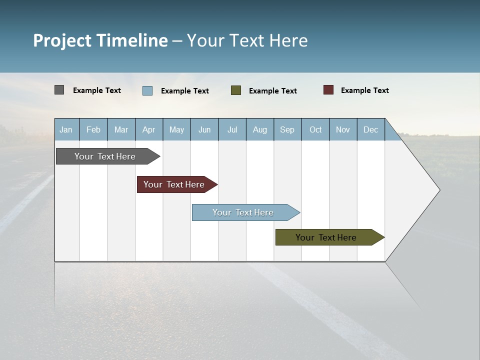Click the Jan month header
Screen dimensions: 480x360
coord(66,129)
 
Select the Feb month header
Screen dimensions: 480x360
coord(93,129)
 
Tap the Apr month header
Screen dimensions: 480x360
coord(149,129)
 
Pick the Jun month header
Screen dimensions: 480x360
coord(204,129)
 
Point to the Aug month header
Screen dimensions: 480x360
coord(260,129)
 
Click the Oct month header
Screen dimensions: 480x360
coord(315,129)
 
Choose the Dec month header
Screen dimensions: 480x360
coord(371,129)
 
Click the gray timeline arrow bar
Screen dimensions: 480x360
coord(105,156)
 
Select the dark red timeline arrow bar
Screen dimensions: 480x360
coord(174,184)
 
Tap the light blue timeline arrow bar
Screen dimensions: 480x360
coord(243,212)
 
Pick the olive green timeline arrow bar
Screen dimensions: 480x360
coord(326,237)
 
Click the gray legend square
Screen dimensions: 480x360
coord(59,90)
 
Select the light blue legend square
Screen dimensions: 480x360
coord(147,90)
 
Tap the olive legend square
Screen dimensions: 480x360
coord(236,90)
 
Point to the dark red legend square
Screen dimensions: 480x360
coord(328,90)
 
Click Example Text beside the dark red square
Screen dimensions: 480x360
coord(364,90)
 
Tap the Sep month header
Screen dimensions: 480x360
coord(287,129)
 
